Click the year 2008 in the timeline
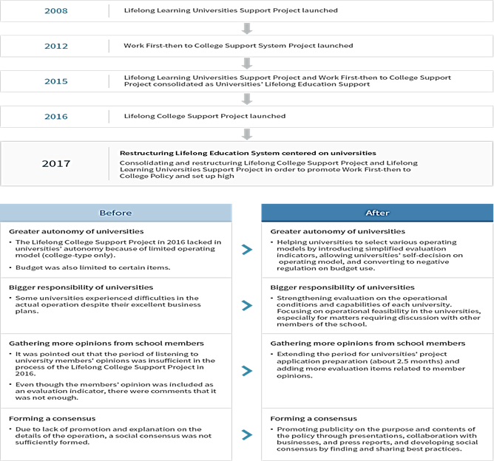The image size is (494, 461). [x=55, y=11]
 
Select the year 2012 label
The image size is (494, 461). [x=55, y=46]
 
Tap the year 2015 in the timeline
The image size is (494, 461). [x=55, y=81]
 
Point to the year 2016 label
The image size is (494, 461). [x=55, y=116]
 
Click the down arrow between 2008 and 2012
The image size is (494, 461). [x=247, y=28]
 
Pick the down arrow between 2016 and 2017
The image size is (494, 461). [x=247, y=133]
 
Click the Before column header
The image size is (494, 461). [x=116, y=213]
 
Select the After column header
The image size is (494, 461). [x=377, y=213]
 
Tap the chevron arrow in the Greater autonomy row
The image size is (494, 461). [x=247, y=250]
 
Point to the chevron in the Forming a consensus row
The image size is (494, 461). [x=247, y=434]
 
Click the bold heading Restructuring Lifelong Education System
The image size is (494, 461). [x=248, y=153]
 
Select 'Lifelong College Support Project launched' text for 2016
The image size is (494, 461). [x=205, y=116]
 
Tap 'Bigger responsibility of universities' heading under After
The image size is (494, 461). [x=342, y=287]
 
